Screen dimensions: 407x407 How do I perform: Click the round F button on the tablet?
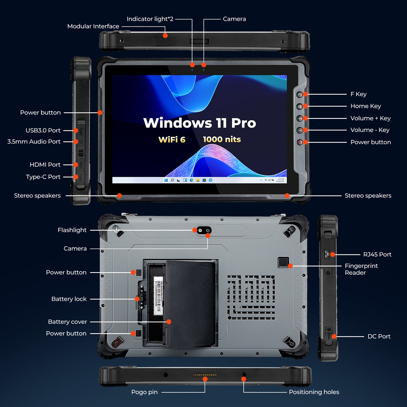[299, 95]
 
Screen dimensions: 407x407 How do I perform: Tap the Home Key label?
[365, 106]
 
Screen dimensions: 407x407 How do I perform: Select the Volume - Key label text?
[370, 130]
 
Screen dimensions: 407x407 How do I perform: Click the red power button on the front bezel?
[300, 142]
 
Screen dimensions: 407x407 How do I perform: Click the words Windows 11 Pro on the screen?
[199, 123]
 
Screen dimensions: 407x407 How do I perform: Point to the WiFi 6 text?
[172, 140]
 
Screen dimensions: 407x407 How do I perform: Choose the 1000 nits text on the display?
[222, 139]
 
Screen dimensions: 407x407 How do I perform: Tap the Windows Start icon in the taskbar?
[166, 180]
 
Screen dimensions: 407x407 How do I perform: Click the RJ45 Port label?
[377, 255]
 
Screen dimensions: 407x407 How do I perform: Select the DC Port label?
[379, 337]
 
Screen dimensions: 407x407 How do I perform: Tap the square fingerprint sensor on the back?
[283, 262]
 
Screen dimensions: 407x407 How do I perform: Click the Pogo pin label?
[144, 392]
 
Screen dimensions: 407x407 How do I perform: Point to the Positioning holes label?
[314, 392]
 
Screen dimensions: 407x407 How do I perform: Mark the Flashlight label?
[72, 230]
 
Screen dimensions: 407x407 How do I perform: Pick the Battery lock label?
[69, 299]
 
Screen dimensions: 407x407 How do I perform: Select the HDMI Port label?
[45, 165]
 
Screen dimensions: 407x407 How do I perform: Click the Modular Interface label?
[93, 26]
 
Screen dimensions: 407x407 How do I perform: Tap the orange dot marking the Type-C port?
[75, 177]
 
